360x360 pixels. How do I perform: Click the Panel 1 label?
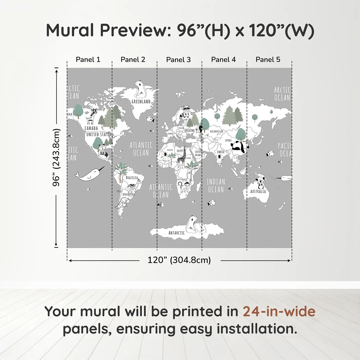88,60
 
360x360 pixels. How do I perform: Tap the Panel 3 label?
178,60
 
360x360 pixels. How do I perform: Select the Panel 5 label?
268,60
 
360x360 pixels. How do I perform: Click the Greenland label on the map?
141,102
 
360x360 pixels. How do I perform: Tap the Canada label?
91,128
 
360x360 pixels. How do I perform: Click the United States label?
99,134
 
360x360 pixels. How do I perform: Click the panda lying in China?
240,147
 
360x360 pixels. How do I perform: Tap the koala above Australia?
261,182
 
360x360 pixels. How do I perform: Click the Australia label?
258,192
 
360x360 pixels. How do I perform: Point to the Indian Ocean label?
216,186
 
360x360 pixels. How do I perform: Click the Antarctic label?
176,233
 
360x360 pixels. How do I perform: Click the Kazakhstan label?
217,131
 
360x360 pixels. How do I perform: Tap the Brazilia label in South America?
132,178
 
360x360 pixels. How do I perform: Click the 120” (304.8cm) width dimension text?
179,260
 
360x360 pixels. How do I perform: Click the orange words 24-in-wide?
279,311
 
